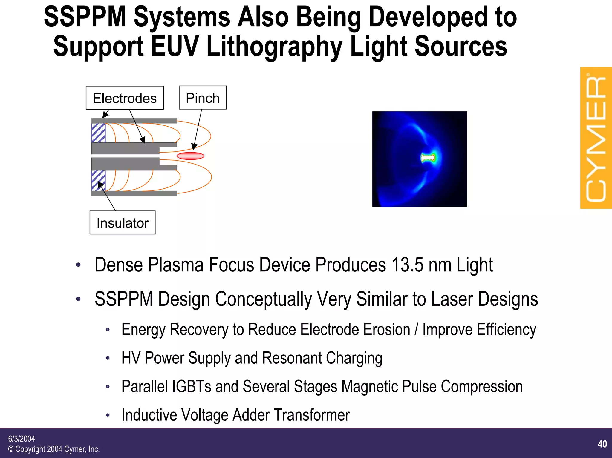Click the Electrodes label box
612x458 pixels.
(125, 98)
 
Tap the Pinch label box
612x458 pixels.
(203, 98)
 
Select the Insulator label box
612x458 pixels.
(123, 223)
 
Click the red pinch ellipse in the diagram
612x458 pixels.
(190, 156)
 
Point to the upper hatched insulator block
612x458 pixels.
(98, 133)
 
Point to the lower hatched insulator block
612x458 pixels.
(98, 180)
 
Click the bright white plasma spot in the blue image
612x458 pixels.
(427, 158)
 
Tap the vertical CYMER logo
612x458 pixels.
(596, 138)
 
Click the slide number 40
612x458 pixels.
(602, 444)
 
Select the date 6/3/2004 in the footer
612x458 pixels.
(22, 439)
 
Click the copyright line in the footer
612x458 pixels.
(54, 449)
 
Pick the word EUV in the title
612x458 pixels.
(175, 46)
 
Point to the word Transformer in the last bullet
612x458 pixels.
(312, 415)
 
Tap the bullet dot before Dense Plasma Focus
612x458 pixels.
(78, 265)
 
